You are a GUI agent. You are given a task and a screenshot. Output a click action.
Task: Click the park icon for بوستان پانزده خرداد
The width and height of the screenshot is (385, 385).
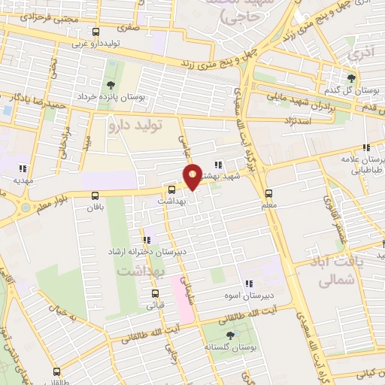(x=111, y=84)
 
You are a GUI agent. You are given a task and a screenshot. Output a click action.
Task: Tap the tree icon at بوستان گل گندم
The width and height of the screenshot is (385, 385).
(x=351, y=77)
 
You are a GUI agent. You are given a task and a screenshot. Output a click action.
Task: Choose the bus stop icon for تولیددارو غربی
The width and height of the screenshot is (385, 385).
(x=95, y=32)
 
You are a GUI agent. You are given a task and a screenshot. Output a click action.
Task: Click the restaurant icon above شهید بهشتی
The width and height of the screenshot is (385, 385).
(x=218, y=165)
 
